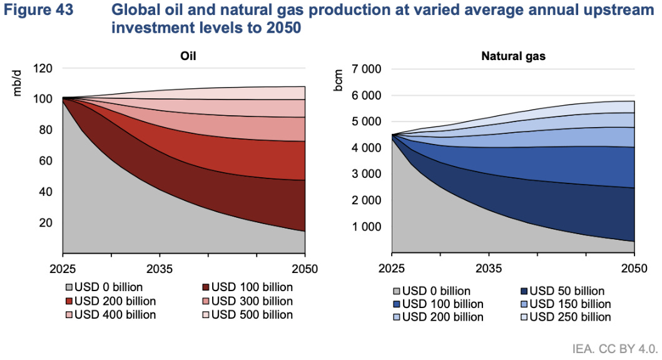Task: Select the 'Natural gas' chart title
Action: point(512,56)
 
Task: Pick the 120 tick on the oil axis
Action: point(44,68)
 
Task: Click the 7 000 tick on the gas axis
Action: point(367,69)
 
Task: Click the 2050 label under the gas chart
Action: point(633,269)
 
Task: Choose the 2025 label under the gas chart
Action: point(392,269)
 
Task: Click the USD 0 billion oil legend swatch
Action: point(69,288)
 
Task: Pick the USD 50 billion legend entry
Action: point(566,291)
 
